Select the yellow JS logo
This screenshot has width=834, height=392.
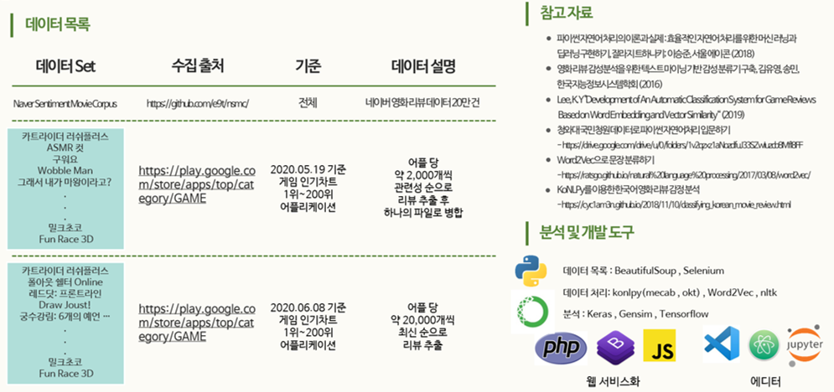(660, 344)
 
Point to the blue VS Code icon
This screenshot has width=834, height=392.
(722, 343)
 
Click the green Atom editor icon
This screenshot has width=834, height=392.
(764, 344)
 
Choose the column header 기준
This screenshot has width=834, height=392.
(308, 66)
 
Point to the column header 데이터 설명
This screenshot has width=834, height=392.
(424, 66)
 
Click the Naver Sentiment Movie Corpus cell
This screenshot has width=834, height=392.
(65, 103)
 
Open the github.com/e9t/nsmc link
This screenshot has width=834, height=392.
(198, 103)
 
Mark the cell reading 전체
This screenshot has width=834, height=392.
(308, 103)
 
